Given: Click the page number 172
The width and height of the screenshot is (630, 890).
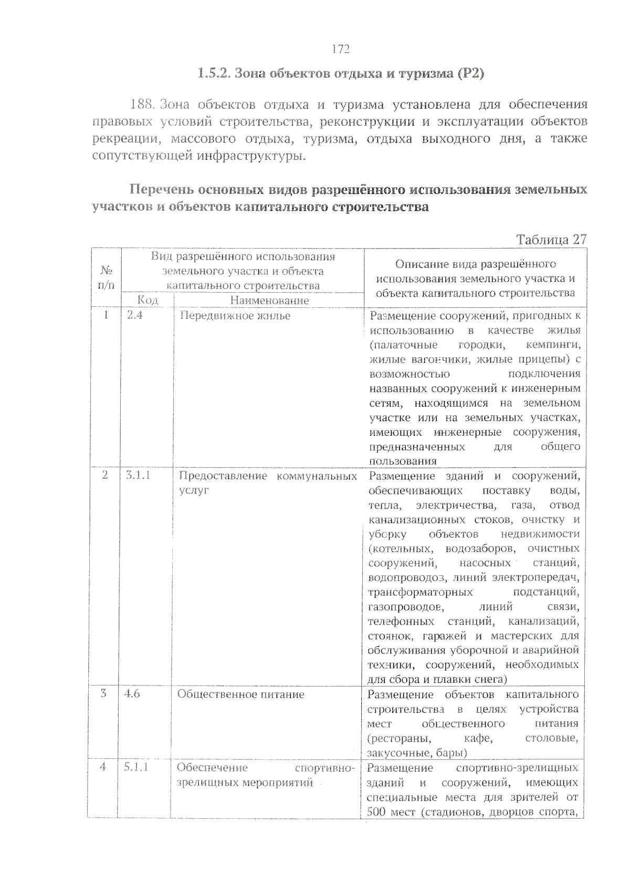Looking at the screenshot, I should tap(341, 49).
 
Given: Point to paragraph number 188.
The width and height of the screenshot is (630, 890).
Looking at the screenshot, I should tap(142, 104).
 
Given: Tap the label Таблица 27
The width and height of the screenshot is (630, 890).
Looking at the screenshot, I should tap(551, 240).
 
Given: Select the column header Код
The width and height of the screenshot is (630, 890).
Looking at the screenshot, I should tap(148, 300).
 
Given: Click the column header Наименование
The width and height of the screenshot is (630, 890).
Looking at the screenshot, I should tap(269, 301).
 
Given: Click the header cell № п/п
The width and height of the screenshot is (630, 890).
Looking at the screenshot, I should tap(107, 278).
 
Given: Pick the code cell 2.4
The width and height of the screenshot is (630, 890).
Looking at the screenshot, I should tap(135, 316).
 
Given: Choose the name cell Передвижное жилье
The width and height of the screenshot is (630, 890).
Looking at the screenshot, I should tap(235, 316).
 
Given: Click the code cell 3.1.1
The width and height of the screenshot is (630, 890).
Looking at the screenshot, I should tap(139, 475).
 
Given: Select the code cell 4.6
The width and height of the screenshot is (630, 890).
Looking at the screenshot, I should tap(132, 694).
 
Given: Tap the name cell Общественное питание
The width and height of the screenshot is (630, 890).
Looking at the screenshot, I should tap(240, 694).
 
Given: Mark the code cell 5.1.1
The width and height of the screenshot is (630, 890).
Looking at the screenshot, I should tap(136, 767).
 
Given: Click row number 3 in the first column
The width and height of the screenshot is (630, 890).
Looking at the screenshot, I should tap(103, 693).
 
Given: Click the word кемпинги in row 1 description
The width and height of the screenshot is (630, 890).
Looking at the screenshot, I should tap(552, 345).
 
